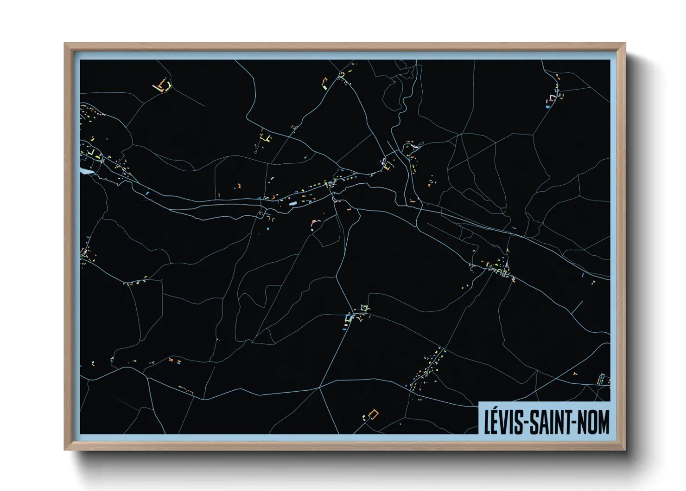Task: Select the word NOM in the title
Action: click(594, 421)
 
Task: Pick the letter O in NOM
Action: click(593, 421)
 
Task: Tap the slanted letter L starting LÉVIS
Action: click(488, 421)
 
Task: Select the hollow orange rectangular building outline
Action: click(373, 414)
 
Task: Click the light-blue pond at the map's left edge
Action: click(87, 171)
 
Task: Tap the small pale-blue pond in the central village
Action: click(292, 203)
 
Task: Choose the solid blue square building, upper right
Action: click(547, 107)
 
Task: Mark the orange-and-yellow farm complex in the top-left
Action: click(163, 85)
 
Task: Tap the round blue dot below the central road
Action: click(268, 229)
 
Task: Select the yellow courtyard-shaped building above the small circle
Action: click(265, 138)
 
